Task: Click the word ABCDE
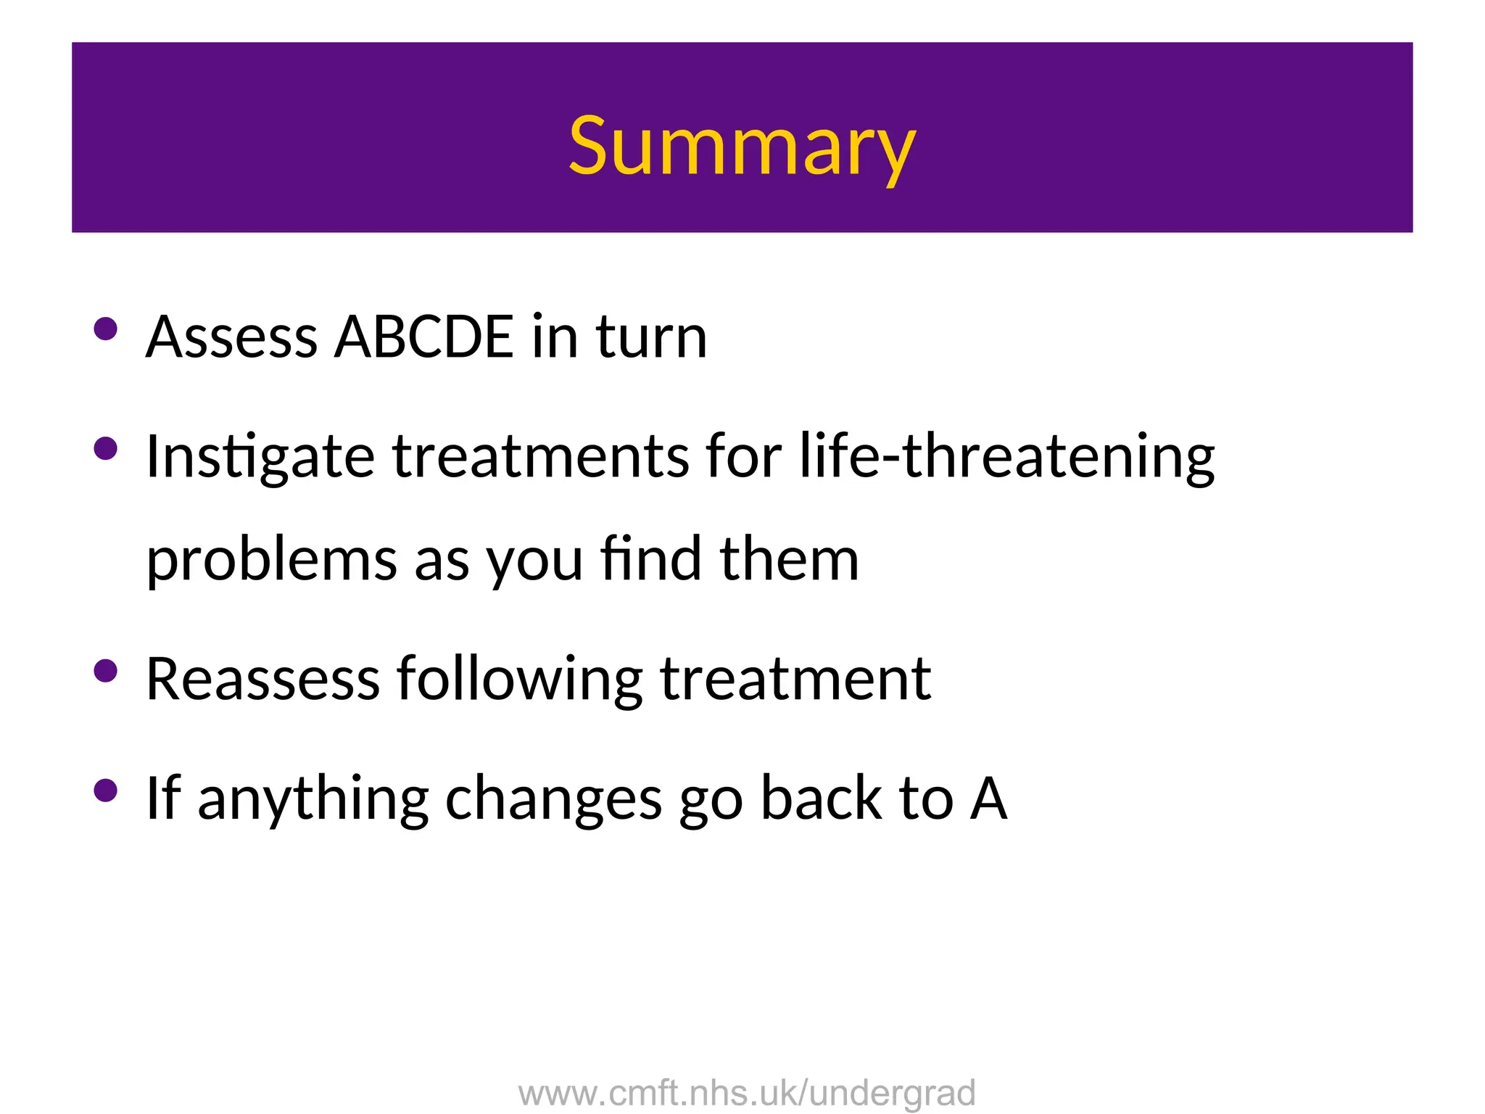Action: (x=423, y=337)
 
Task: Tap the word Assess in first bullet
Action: (x=231, y=337)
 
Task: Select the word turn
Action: (x=651, y=337)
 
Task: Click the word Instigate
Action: (x=260, y=458)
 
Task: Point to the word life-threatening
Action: (x=1007, y=456)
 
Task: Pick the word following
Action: (x=519, y=680)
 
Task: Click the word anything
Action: (x=313, y=799)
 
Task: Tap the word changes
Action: (x=553, y=799)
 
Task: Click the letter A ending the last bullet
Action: (x=989, y=798)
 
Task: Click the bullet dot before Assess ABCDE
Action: (x=106, y=329)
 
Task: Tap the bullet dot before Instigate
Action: (x=106, y=448)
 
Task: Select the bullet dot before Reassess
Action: (x=106, y=671)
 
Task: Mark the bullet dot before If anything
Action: (x=106, y=791)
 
